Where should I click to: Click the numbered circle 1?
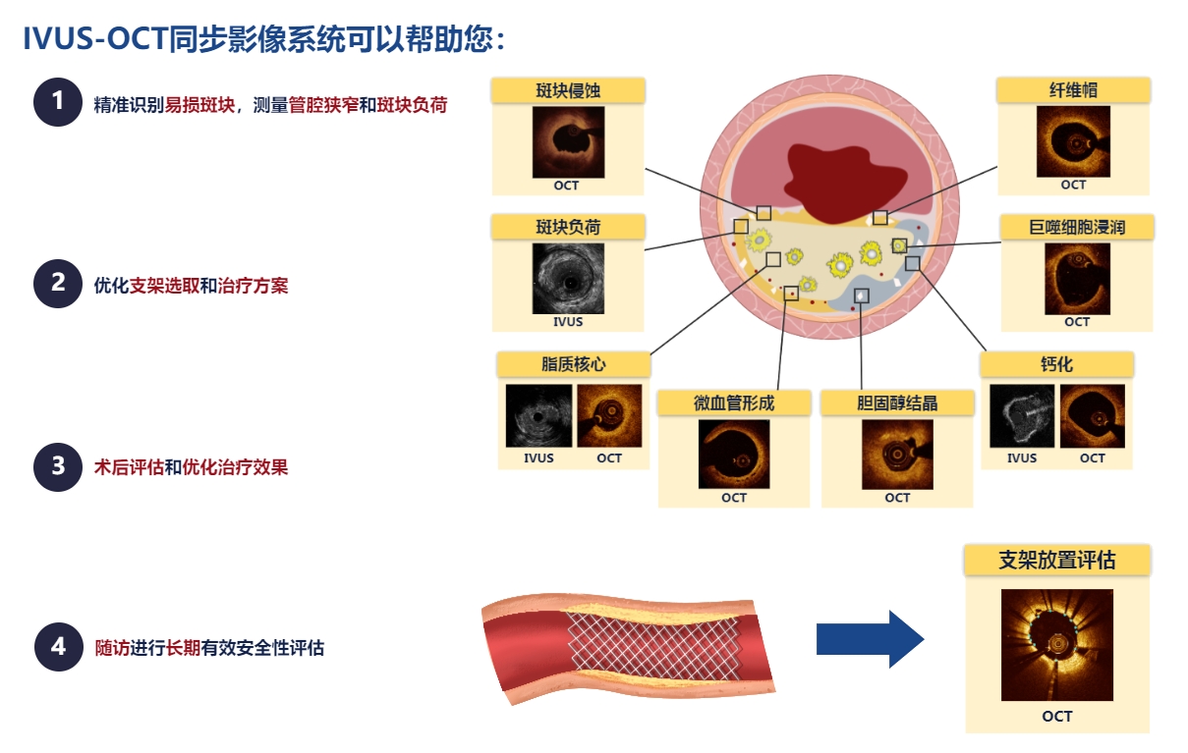coord(58,102)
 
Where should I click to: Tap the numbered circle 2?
coord(58,283)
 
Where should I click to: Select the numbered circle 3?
coord(58,467)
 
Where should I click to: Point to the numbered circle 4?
coord(58,647)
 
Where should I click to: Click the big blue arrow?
coord(870,639)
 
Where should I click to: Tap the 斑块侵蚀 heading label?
coord(568,90)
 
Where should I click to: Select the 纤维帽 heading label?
coord(1073,90)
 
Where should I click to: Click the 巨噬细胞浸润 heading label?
coord(1077,228)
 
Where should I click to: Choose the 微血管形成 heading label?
coord(734,403)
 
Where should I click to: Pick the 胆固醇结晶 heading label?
coord(897,403)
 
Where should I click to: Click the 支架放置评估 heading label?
coord(1057,561)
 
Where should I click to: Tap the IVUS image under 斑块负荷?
coord(568,279)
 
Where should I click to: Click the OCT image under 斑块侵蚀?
coord(568,142)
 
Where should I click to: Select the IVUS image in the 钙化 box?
coord(1022,416)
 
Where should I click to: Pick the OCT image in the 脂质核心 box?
coord(609,416)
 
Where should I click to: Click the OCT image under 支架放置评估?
coord(1057,645)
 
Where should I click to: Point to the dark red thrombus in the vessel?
coord(843,183)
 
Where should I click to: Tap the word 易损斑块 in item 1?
coord(199,105)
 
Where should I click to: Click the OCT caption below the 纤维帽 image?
coord(1073,185)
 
